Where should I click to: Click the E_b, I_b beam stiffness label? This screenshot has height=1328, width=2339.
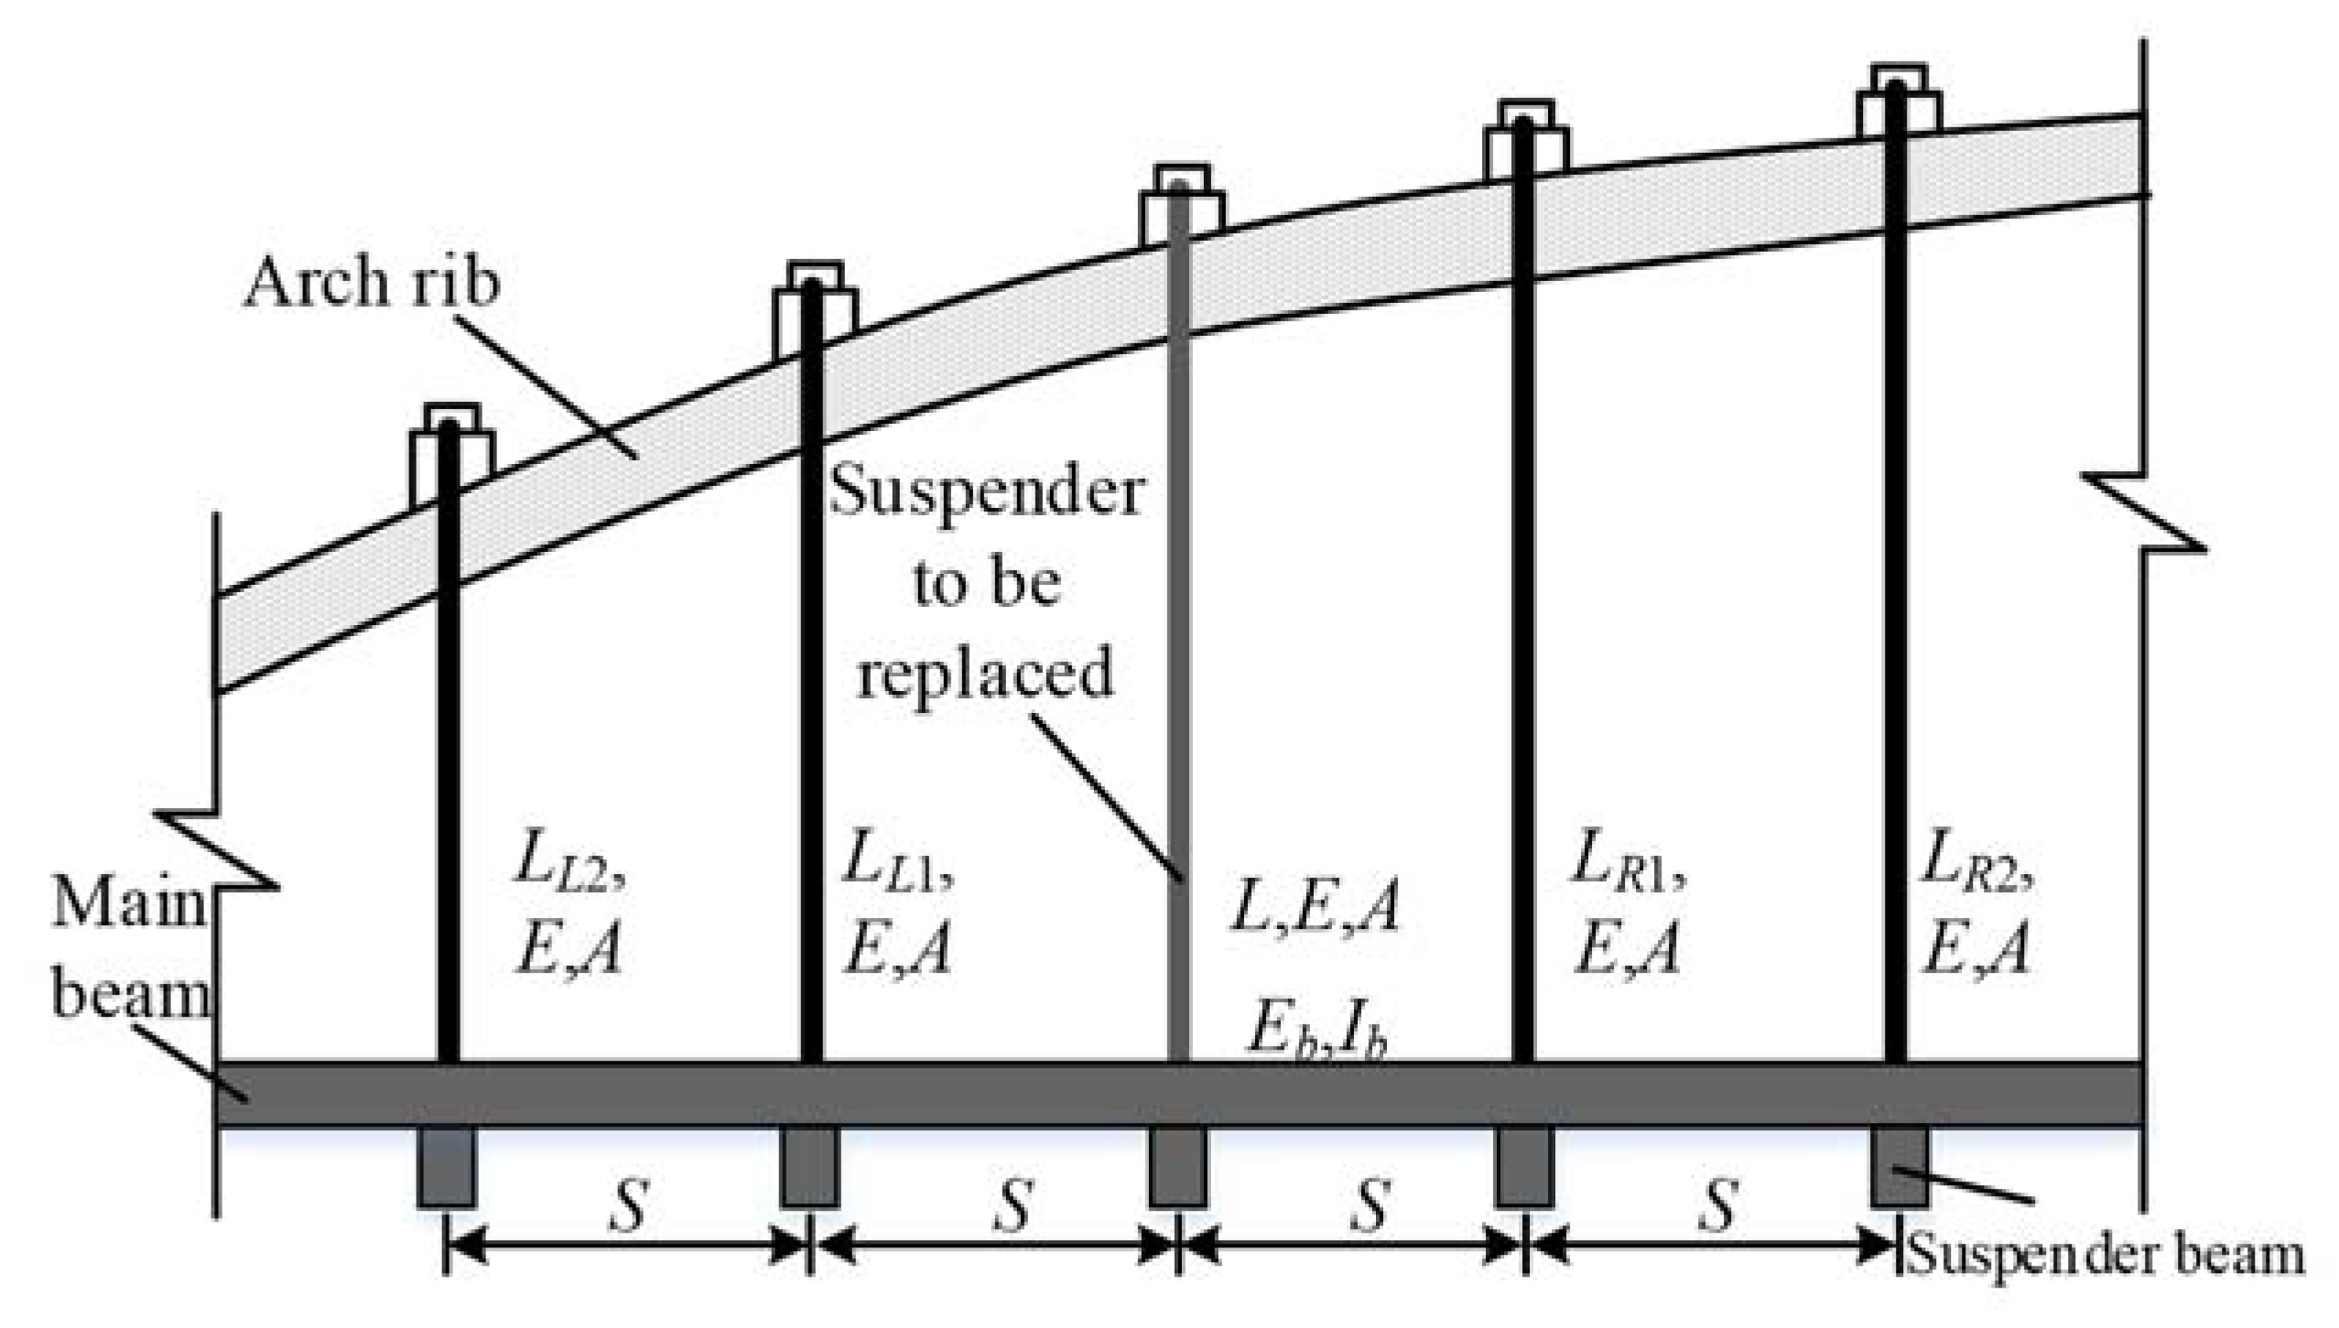pyautogui.click(x=1315, y=1036)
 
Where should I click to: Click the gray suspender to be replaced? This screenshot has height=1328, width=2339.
pyautogui.click(x=1179, y=641)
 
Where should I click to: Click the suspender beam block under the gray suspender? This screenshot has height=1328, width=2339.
pyautogui.click(x=1177, y=1166)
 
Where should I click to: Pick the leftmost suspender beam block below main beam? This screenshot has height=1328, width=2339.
pyautogui.click(x=447, y=1166)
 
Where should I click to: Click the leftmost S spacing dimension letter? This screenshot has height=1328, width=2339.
pyautogui.click(x=628, y=1205)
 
